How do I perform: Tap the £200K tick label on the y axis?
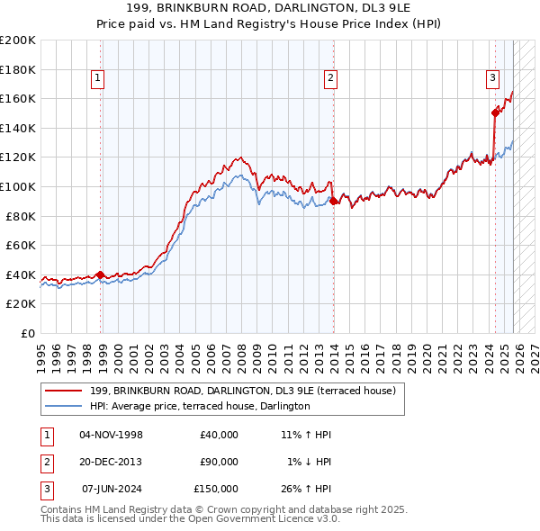coord(18,40)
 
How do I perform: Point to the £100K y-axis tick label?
coord(18,186)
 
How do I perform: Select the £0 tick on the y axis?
coord(26,333)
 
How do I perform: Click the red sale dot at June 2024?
coord(495,112)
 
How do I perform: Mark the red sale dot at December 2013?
coord(333,201)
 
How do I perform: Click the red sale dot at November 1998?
coord(100,274)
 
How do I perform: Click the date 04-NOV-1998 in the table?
coord(112,435)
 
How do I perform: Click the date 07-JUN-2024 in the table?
coord(112,489)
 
